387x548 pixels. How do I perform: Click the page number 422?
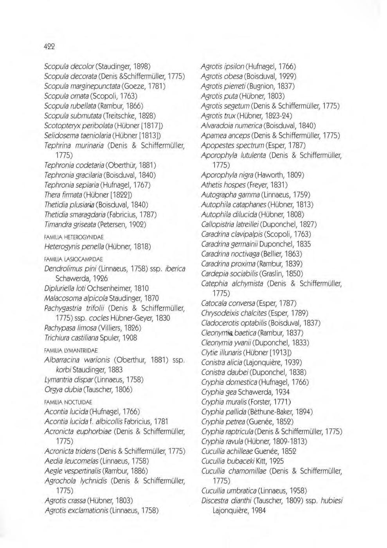tap(49, 46)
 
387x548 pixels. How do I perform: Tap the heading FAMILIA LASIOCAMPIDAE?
tap(74, 259)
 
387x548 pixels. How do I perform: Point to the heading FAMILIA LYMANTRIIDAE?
tap(71, 350)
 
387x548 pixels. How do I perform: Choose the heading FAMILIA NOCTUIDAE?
tap(68, 402)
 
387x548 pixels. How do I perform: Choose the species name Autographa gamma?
tap(230, 195)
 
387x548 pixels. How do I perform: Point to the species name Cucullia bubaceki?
tap(229, 461)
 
